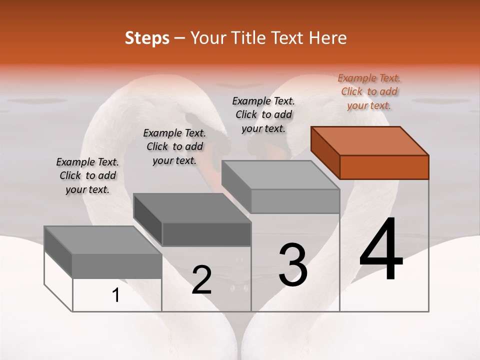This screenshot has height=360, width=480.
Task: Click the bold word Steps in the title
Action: pos(146,38)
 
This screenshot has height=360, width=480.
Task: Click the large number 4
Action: pos(381,249)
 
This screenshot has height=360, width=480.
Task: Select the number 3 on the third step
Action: pos(292,265)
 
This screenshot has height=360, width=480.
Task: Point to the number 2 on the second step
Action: pos(201,280)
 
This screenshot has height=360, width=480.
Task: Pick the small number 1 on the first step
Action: pos(116,295)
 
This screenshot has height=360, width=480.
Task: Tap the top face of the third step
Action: pos(280,175)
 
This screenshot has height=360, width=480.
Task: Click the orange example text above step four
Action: pos(369,91)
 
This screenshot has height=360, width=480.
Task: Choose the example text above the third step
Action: pos(263,114)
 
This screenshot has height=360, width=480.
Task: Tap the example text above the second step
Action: pos(174,146)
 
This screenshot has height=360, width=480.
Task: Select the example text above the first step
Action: pos(87,175)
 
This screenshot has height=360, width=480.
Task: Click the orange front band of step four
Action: pos(384,167)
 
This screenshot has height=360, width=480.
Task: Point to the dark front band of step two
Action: pos(206,234)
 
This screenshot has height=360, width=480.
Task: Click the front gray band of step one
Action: pos(117,266)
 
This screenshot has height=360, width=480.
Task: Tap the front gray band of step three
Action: pos(295,201)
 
